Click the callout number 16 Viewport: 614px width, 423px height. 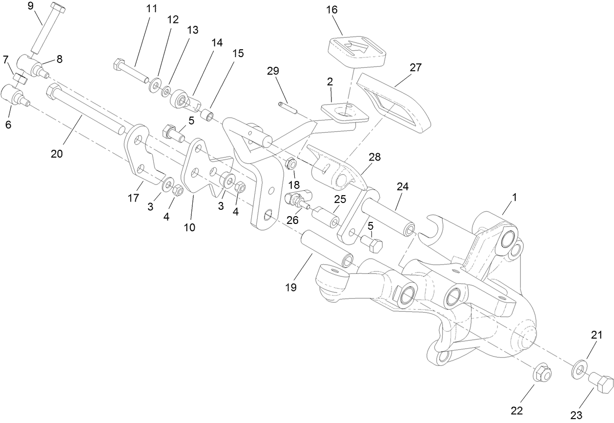coord(332,10)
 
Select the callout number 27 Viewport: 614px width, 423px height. coord(415,67)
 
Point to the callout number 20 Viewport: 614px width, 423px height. coord(57,153)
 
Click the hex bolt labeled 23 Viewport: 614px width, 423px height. coord(600,383)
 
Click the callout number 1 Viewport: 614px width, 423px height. coord(513,198)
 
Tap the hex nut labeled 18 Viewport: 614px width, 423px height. coord(290,163)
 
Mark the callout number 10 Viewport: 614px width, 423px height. coord(189,227)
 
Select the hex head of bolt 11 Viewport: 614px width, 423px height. coord(120,64)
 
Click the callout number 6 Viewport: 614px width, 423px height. coord(8,124)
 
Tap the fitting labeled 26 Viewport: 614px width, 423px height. coord(295,200)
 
